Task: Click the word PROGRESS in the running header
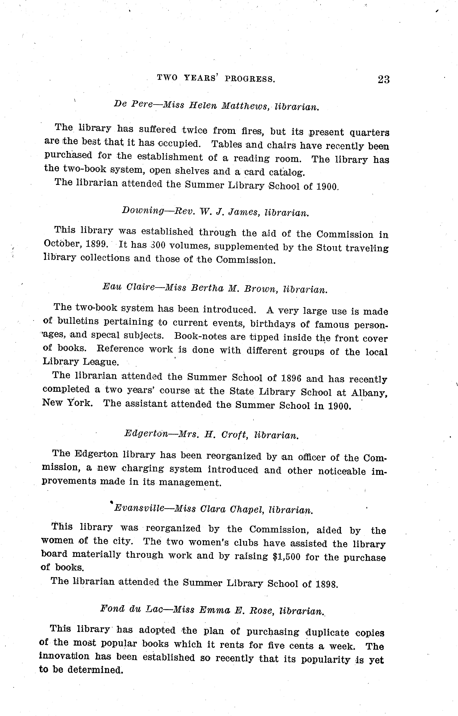coord(250,79)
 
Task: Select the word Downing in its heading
coord(143,210)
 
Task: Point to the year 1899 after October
coord(97,244)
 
